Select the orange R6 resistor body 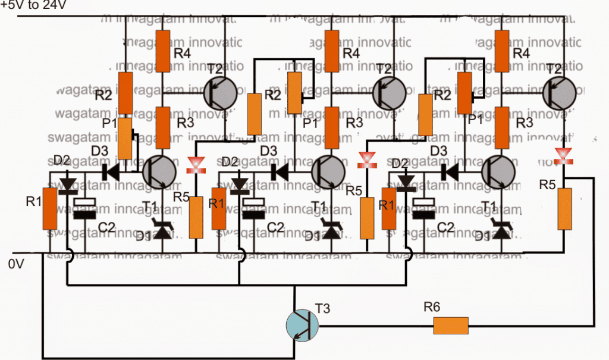tap(451, 325)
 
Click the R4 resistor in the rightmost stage tap(503, 51)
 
